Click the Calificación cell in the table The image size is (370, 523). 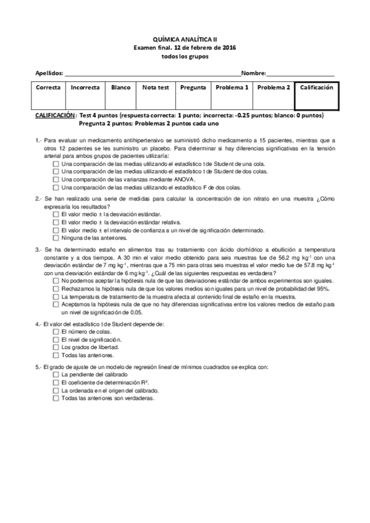click(x=316, y=88)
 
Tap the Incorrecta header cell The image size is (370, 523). click(x=85, y=88)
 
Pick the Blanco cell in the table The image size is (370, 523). click(x=120, y=88)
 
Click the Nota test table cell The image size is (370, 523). click(x=155, y=88)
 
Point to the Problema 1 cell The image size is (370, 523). click(x=232, y=88)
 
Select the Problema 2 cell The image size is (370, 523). click(x=273, y=88)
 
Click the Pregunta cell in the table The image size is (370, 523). click(x=193, y=88)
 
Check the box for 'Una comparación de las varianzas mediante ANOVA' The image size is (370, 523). click(x=57, y=179)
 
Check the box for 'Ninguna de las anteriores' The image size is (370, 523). click(x=57, y=237)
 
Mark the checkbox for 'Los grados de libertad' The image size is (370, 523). click(x=57, y=347)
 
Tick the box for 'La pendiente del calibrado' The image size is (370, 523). click(x=57, y=374)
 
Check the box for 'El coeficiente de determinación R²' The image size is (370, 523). click(x=57, y=382)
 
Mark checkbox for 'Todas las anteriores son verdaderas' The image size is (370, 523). click(x=57, y=398)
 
